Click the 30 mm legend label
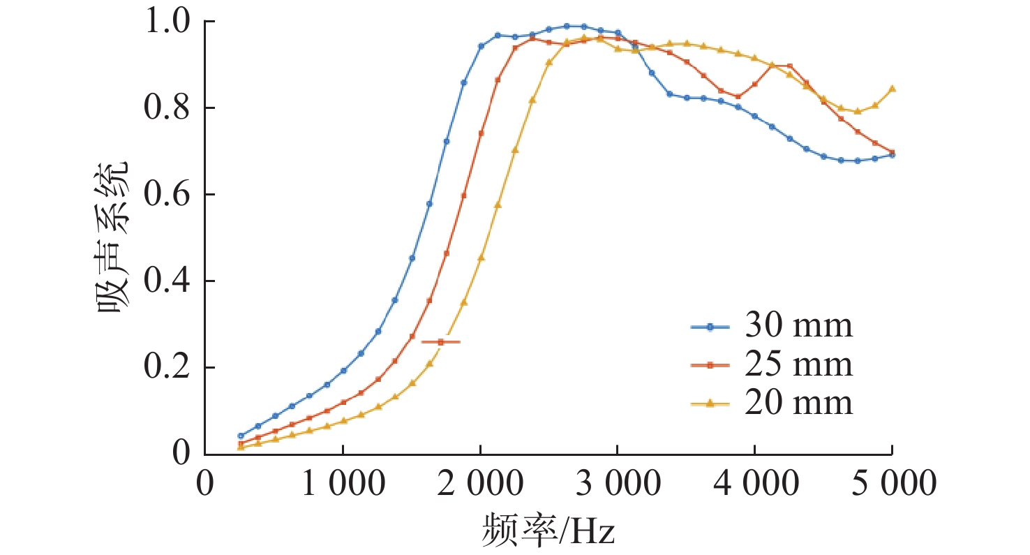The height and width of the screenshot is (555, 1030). point(798,326)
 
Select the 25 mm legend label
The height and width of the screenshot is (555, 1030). point(798,364)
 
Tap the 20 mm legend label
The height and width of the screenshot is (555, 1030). point(798,403)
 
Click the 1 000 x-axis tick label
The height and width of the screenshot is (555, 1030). point(342,484)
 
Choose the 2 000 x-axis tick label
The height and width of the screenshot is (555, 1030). point(479,484)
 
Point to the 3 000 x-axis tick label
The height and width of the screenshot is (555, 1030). point(617,484)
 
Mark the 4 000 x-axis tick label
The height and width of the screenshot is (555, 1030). point(754,484)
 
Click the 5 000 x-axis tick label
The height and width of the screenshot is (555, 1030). point(892,484)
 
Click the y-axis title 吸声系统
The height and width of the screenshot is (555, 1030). point(111,237)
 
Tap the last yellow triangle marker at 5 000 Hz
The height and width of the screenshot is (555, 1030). point(893,89)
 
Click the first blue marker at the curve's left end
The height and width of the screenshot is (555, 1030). point(241,436)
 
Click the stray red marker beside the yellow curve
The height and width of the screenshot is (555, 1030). point(440,342)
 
